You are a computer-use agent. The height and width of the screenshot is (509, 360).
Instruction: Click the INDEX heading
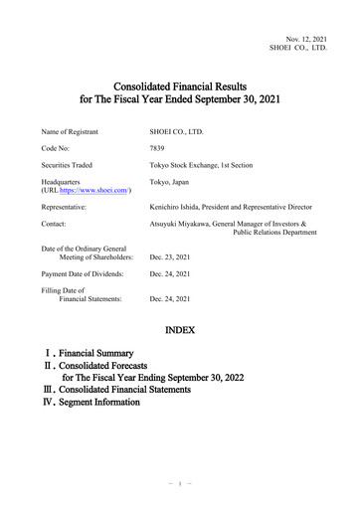[x=180, y=328]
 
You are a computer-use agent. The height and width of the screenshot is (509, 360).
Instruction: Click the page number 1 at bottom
[x=180, y=484]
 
